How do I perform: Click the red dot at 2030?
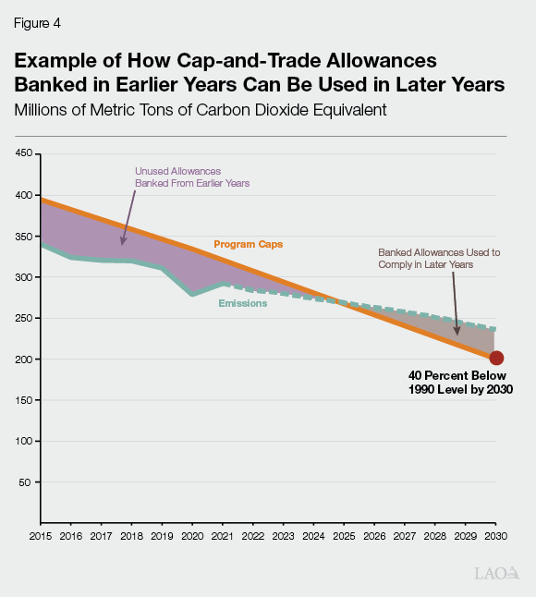(496, 359)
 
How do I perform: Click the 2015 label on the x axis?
(40, 536)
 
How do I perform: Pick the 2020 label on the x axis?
(192, 536)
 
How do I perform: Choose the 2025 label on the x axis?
(344, 536)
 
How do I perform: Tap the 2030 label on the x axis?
(496, 536)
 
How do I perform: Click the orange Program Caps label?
(248, 245)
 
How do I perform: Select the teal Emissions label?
(242, 303)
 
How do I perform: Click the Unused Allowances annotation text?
(192, 177)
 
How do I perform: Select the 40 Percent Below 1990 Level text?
(459, 384)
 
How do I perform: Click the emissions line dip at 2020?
(192, 294)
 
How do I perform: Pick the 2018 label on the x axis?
(131, 536)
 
